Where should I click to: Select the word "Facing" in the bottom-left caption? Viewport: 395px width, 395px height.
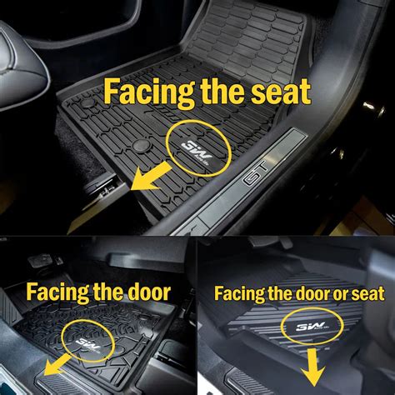tap(56, 292)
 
